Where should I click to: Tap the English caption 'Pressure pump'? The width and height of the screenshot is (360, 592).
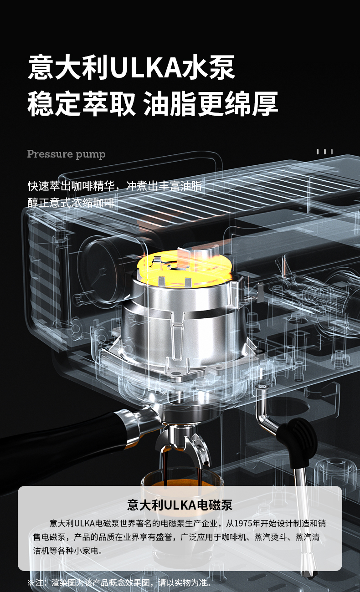pyautogui.click(x=66, y=154)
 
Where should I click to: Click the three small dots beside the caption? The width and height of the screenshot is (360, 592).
pyautogui.click(x=324, y=152)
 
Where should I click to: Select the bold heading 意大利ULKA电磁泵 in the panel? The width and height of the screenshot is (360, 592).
pyautogui.click(x=180, y=505)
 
